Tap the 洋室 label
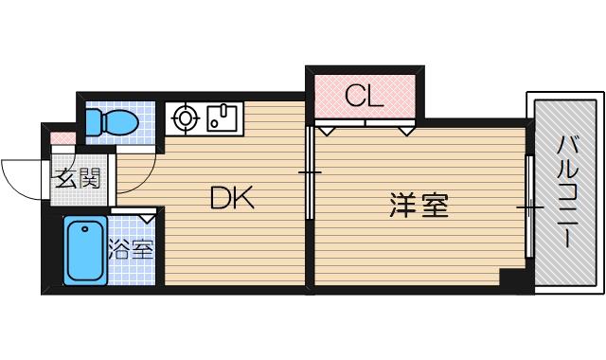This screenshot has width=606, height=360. pyautogui.click(x=418, y=205)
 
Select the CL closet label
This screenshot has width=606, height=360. pyautogui.click(x=363, y=96)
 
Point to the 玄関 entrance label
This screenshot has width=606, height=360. pyautogui.click(x=71, y=176)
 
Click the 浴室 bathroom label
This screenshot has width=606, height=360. pyautogui.click(x=131, y=251)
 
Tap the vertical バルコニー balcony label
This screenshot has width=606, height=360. pyautogui.click(x=565, y=192)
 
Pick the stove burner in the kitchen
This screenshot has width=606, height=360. pyautogui.click(x=185, y=118)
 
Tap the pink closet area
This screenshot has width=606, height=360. pyautogui.click(x=363, y=95)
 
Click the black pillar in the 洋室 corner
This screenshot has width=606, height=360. pyautogui.click(x=512, y=280)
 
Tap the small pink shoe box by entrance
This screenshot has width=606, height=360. pyautogui.click(x=61, y=139)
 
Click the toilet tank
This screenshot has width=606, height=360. pyautogui.click(x=91, y=121)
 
